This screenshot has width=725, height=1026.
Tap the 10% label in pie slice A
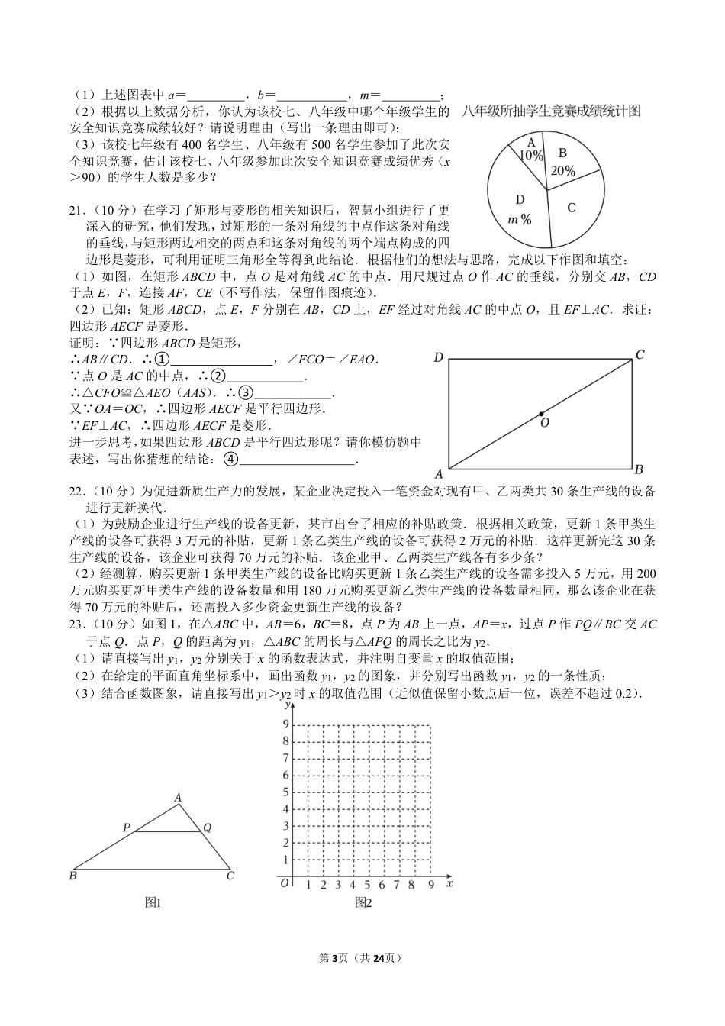tap(531, 155)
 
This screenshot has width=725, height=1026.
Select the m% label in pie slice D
tap(520, 219)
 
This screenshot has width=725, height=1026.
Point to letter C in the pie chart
tap(572, 208)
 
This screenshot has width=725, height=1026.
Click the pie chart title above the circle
tap(551, 111)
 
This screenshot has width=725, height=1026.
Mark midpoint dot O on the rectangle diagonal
tap(541, 413)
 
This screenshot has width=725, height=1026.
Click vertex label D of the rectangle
tap(438, 357)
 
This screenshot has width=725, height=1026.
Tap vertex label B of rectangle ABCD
tap(639, 469)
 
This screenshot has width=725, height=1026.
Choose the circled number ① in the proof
tap(161, 360)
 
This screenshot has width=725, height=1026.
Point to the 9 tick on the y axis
tap(286, 724)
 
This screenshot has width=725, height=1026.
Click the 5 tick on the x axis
tap(367, 885)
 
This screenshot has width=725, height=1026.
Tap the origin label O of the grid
tap(284, 883)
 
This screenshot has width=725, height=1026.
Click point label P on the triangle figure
tap(127, 828)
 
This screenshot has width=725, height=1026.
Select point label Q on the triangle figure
tap(207, 828)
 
